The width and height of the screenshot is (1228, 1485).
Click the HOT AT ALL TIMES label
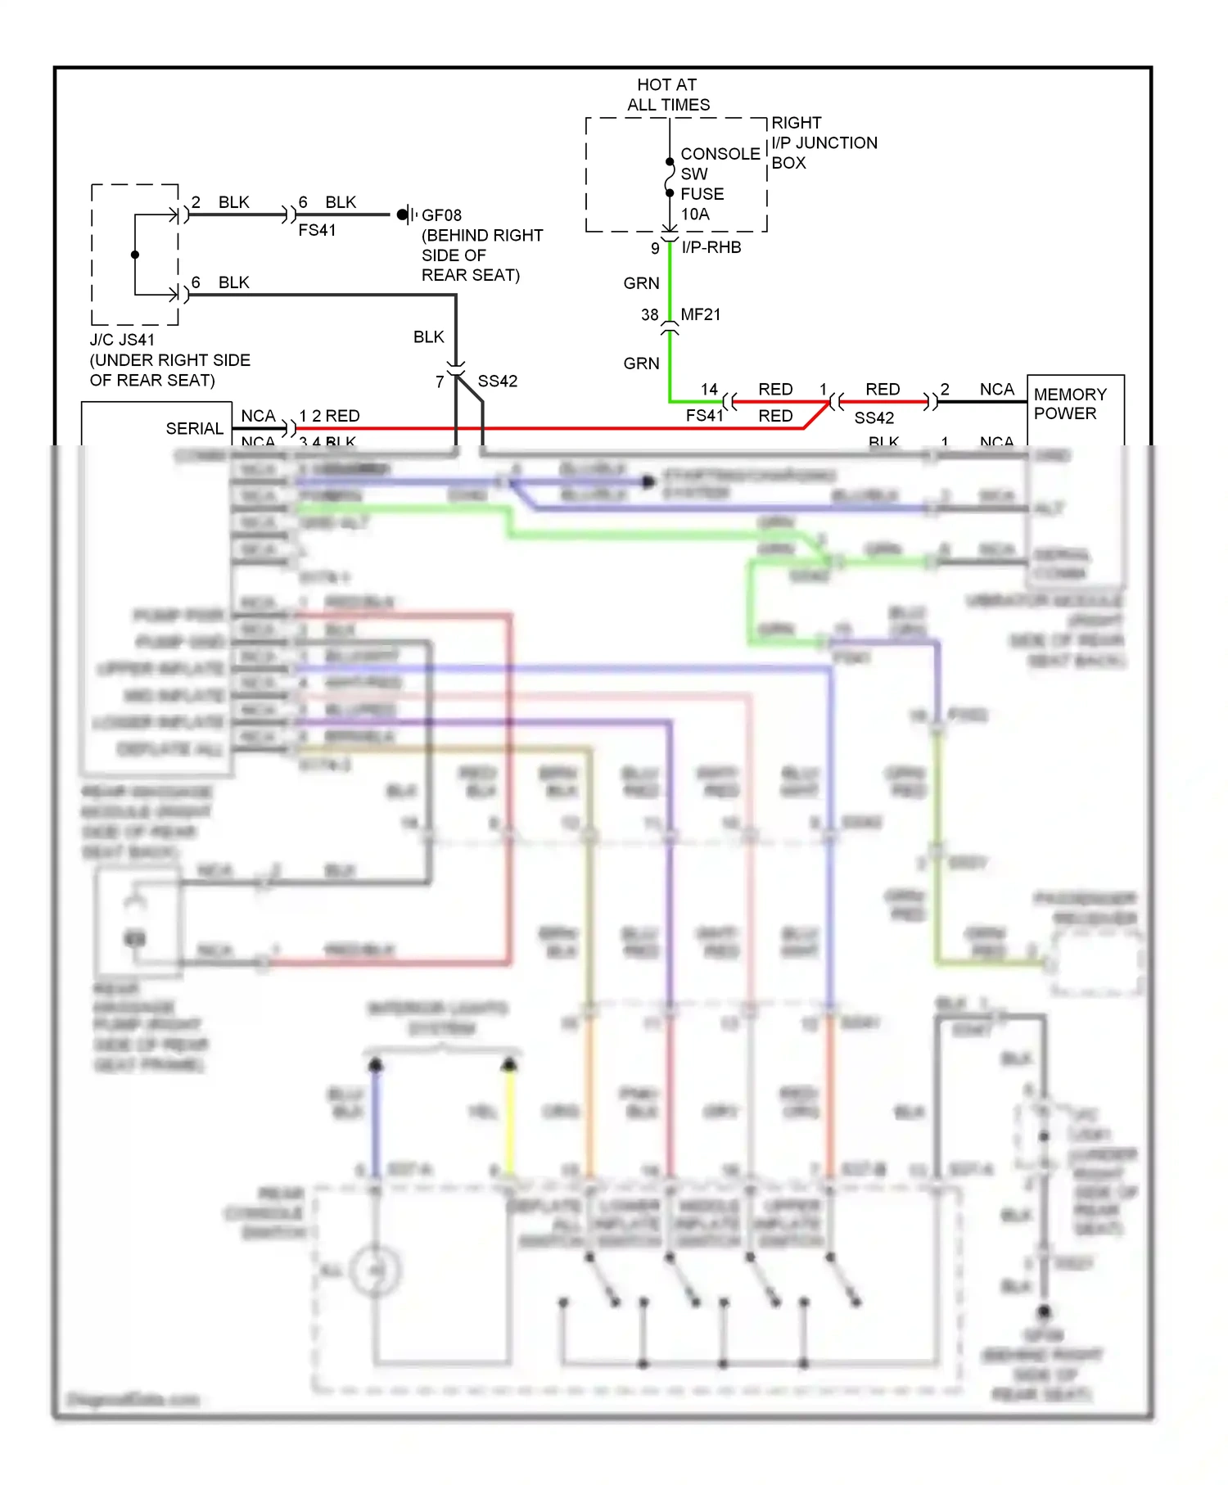pos(667,95)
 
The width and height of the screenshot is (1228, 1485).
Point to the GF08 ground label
pos(441,215)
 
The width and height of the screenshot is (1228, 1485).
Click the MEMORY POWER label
pos(1069,404)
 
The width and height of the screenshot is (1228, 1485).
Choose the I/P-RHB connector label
pos(711,247)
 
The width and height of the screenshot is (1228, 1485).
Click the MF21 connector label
pos(700,314)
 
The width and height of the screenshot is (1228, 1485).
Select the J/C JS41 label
pos(122,340)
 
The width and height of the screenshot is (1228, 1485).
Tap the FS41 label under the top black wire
pos(317,231)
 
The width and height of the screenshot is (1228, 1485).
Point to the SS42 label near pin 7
pos(497,381)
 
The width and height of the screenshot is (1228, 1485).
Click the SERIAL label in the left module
pos(194,429)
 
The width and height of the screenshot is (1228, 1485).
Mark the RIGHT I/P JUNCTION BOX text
pos(823,143)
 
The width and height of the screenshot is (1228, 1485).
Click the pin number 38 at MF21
pos(649,315)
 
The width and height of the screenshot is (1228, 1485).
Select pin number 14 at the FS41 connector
pos(709,390)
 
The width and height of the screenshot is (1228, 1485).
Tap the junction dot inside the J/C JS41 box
pos(135,255)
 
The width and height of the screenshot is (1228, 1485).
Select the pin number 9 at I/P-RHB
pos(655,248)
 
